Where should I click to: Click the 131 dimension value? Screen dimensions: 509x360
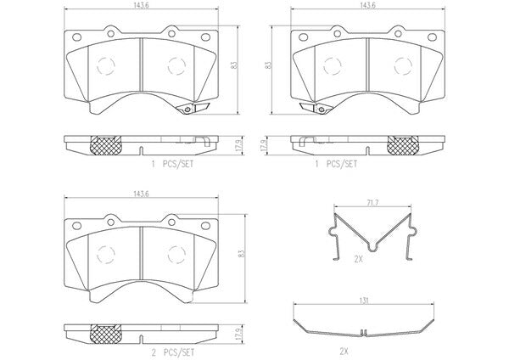[x=364, y=301]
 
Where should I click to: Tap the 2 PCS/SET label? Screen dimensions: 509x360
[x=173, y=352]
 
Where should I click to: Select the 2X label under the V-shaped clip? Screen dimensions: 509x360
[x=358, y=259]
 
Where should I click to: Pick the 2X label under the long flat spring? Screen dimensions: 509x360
[x=344, y=352]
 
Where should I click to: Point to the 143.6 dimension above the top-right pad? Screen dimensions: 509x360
[x=368, y=6]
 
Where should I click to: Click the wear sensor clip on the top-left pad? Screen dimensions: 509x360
[x=193, y=108]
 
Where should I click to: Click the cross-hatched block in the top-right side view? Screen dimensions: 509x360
[x=403, y=145]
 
